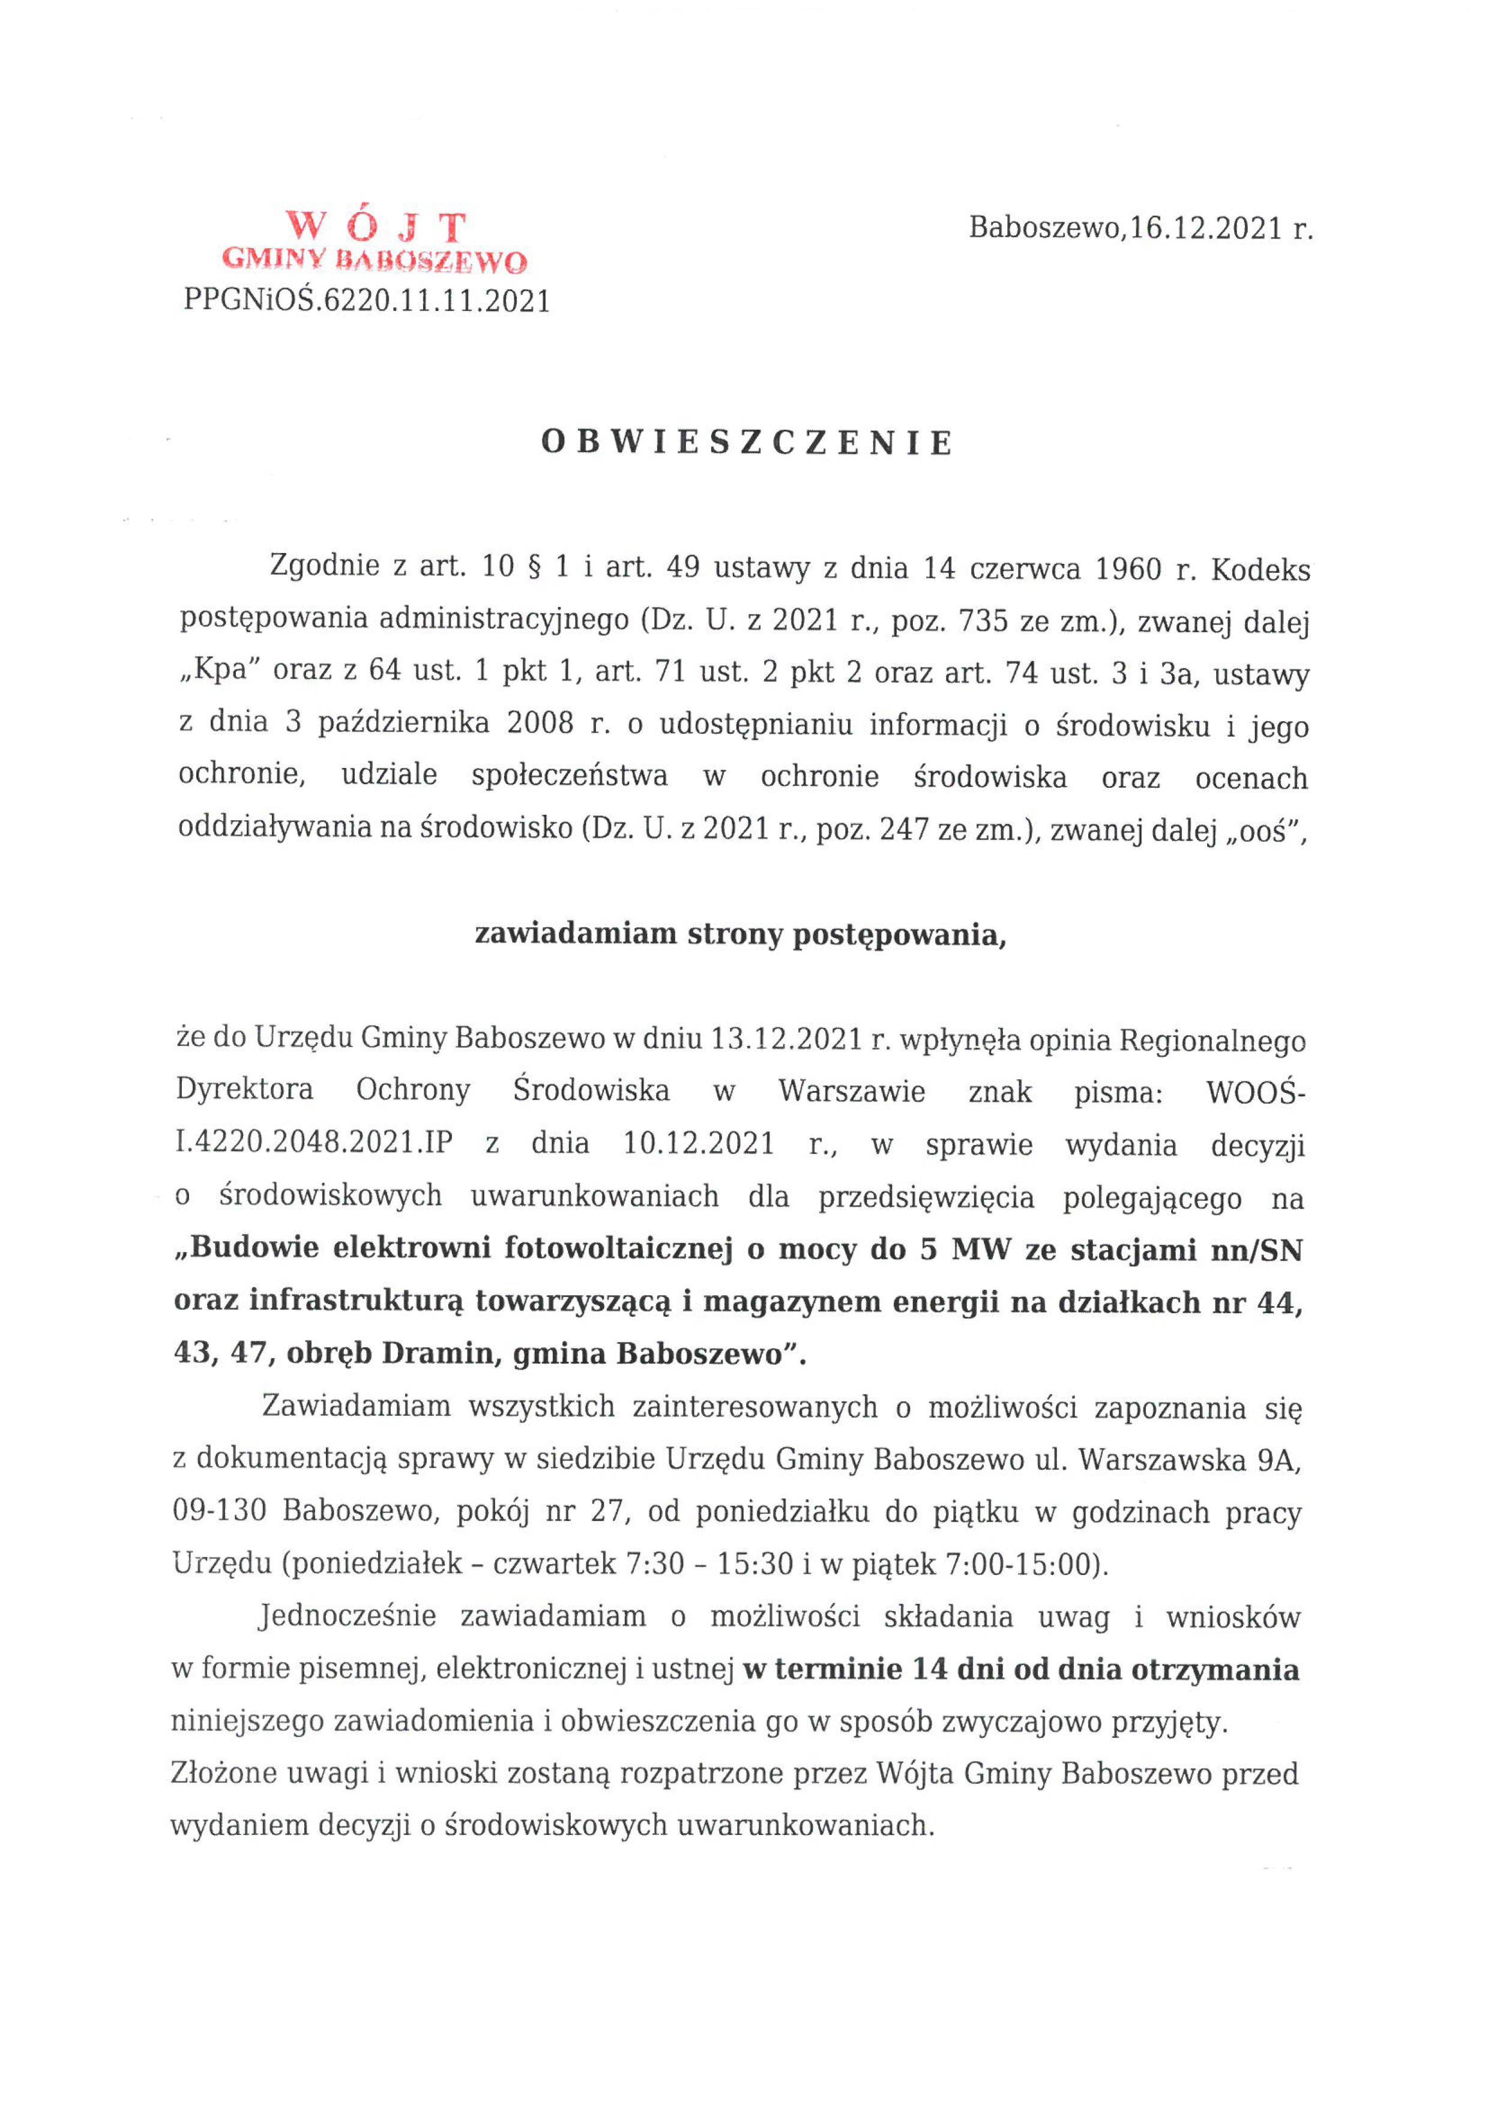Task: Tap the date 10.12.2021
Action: [x=698, y=1144]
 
